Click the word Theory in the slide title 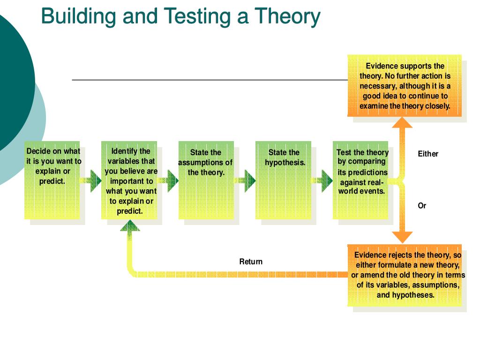click(x=287, y=16)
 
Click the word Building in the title click(x=78, y=16)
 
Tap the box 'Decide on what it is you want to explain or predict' click(x=52, y=180)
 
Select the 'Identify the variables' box click(x=129, y=180)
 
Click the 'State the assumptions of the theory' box click(x=206, y=180)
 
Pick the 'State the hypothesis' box click(x=283, y=180)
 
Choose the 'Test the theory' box click(x=360, y=180)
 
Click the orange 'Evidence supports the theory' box click(x=405, y=86)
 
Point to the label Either click(x=428, y=154)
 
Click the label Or click(x=422, y=205)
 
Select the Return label click(x=251, y=262)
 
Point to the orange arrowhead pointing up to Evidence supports click(x=402, y=122)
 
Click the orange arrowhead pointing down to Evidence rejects click(x=402, y=237)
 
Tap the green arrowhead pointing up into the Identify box click(x=130, y=226)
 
